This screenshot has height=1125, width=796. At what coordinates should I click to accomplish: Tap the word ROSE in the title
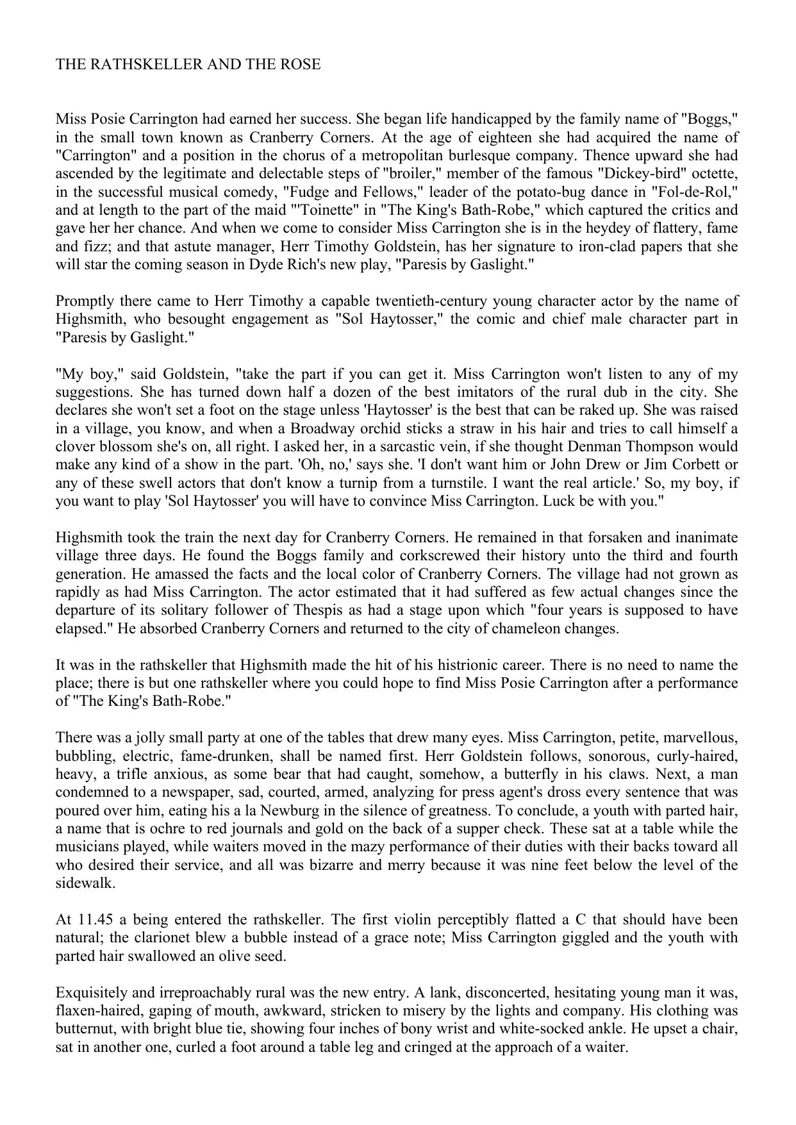click(299, 65)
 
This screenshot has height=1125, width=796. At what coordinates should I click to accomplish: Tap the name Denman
click(595, 447)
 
